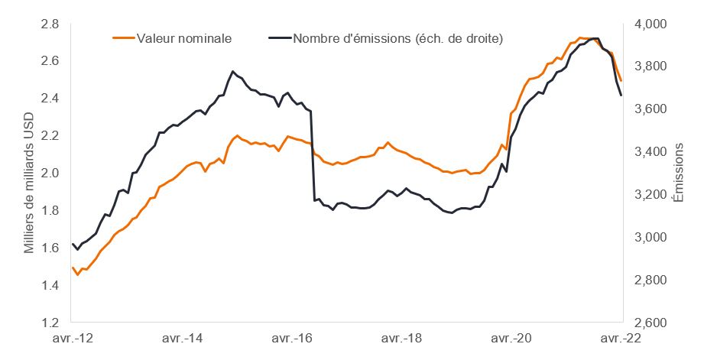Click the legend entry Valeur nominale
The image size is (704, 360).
183,37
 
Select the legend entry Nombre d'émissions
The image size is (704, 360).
397,37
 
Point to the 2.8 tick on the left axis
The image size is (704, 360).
50,24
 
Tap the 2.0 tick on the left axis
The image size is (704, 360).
50,173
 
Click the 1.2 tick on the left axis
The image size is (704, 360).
50,323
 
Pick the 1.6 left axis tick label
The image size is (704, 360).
50,248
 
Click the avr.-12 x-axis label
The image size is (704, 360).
73,337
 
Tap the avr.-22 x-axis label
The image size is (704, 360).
619,337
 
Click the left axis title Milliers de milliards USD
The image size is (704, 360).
29,174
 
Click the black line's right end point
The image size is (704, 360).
621,95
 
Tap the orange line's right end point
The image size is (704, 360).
621,80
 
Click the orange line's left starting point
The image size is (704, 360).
72,268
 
